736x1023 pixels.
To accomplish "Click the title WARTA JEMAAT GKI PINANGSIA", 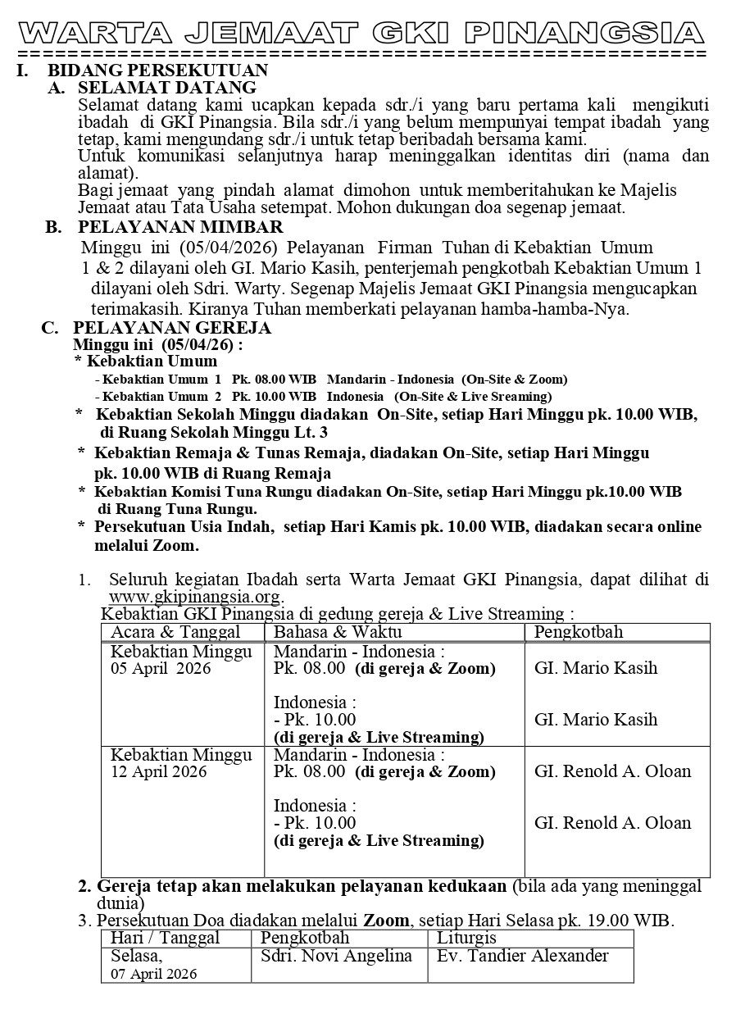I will click(x=361, y=33).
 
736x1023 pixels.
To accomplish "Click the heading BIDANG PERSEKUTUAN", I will click(x=157, y=70).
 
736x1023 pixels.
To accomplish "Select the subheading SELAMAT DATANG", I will click(x=166, y=87).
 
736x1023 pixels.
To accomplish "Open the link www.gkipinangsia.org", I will click(x=195, y=596).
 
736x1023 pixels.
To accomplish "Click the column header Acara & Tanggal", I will click(x=175, y=632).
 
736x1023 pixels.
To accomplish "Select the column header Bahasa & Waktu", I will click(x=337, y=632).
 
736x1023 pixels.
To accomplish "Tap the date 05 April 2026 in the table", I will click(x=161, y=669).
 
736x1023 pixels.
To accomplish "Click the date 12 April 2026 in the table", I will click(x=160, y=772).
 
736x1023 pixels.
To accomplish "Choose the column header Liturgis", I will click(x=467, y=938).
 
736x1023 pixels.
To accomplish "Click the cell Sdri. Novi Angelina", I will click(x=336, y=956).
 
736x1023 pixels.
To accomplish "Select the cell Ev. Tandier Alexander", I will click(x=523, y=956).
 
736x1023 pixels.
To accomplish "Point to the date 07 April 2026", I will click(x=154, y=974).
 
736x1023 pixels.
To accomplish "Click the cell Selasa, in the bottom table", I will click(x=137, y=956).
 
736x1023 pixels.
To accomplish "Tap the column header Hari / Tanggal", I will click(x=165, y=938).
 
